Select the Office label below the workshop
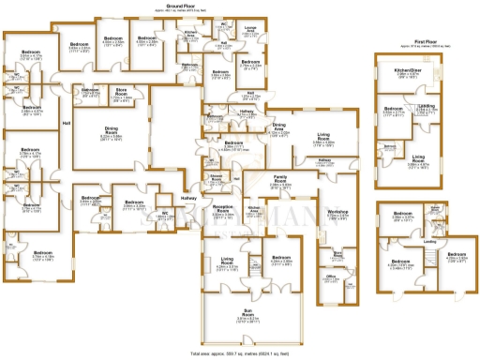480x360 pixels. (x=330, y=277)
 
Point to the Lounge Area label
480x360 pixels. (x=250, y=30)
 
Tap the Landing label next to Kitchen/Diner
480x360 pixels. (x=427, y=106)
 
